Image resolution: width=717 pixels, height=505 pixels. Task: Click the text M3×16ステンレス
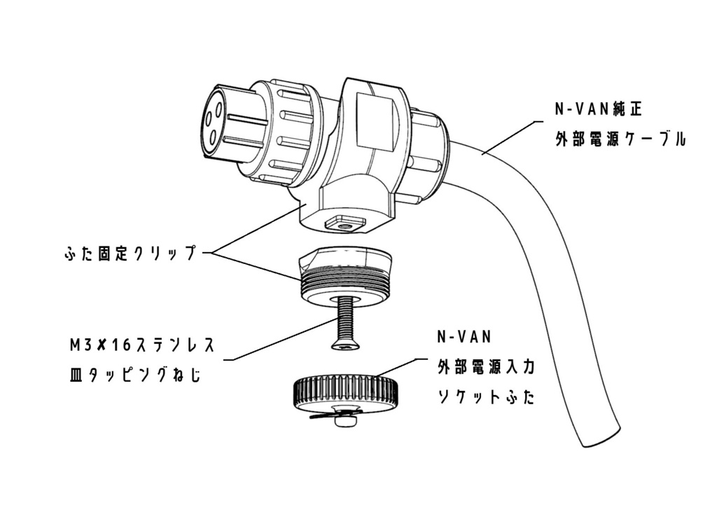pos(140,345)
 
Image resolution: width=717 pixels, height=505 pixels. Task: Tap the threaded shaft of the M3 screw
pos(344,319)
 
